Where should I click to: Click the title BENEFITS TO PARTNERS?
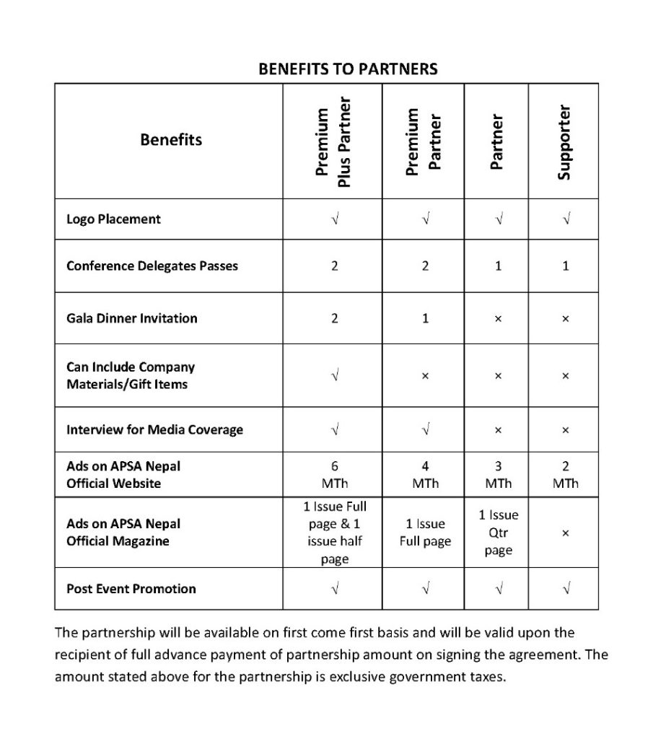(x=348, y=69)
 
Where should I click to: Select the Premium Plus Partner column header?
(x=333, y=141)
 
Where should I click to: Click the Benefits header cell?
(x=171, y=139)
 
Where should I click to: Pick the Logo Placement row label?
(x=113, y=219)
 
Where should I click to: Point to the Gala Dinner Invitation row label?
(x=131, y=318)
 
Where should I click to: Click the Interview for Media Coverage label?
(x=154, y=430)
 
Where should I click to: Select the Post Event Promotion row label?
(x=131, y=589)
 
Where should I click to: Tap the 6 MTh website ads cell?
(x=334, y=475)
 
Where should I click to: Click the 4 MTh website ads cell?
(x=425, y=475)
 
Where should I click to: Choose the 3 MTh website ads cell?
(x=498, y=475)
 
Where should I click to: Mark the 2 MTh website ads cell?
(x=565, y=475)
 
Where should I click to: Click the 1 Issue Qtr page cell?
(x=498, y=533)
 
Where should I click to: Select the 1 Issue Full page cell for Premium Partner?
(x=425, y=533)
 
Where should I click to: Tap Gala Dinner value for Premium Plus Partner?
(x=334, y=318)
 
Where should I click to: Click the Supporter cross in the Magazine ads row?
(x=565, y=533)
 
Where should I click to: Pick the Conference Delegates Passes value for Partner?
(x=498, y=266)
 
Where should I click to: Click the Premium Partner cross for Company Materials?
(x=425, y=376)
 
